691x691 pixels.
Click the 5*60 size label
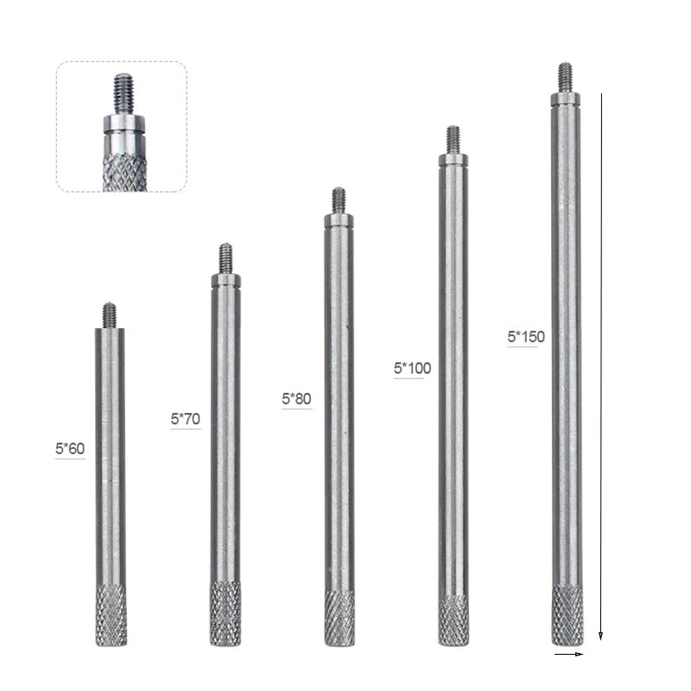click(x=70, y=448)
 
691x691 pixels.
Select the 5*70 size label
click(x=185, y=419)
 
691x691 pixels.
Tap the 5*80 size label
click(x=296, y=399)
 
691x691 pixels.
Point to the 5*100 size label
click(x=412, y=368)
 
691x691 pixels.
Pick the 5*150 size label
click(x=526, y=337)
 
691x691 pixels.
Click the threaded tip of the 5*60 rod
click(x=110, y=315)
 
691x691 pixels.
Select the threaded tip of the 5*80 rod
click(x=339, y=200)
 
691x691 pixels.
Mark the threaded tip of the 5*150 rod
click(x=565, y=76)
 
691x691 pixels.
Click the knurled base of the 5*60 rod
click(x=111, y=615)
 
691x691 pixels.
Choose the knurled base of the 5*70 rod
click(x=225, y=613)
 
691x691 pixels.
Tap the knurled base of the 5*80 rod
click(x=339, y=617)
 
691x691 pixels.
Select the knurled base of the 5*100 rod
click(x=453, y=618)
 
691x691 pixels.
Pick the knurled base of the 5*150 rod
click(x=567, y=615)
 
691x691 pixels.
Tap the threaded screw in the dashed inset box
click(x=121, y=90)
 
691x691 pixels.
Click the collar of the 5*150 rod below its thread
click(x=565, y=98)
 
